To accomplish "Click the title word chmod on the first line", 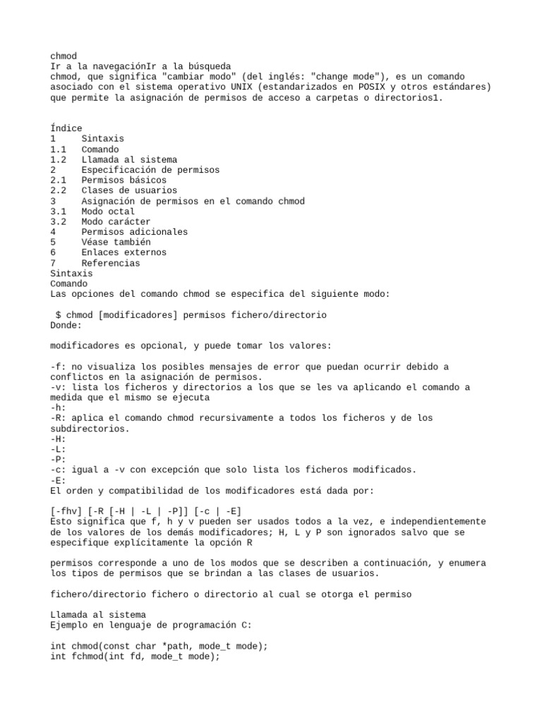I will click(64, 56).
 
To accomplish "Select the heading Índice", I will click(66, 128).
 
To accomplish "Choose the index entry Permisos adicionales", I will click(134, 232).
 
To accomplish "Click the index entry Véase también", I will click(116, 242).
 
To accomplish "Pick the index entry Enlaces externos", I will click(124, 252).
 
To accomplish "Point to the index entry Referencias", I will click(111, 263).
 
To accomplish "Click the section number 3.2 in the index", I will click(59, 221).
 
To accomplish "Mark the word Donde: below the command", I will click(66, 325).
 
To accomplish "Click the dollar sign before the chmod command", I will click(59, 314).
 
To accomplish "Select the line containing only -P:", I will click(59, 459).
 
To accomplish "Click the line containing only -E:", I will click(59, 479).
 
